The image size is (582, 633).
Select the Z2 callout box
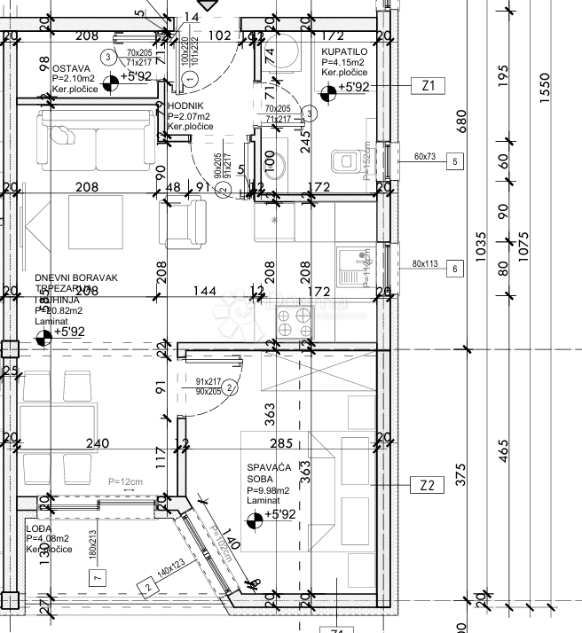427,485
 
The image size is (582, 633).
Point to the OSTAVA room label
71,68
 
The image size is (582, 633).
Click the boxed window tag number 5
454,161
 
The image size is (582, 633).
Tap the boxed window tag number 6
454,268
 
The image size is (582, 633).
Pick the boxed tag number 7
98,577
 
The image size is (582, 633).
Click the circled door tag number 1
189,79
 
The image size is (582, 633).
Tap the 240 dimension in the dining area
97,443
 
